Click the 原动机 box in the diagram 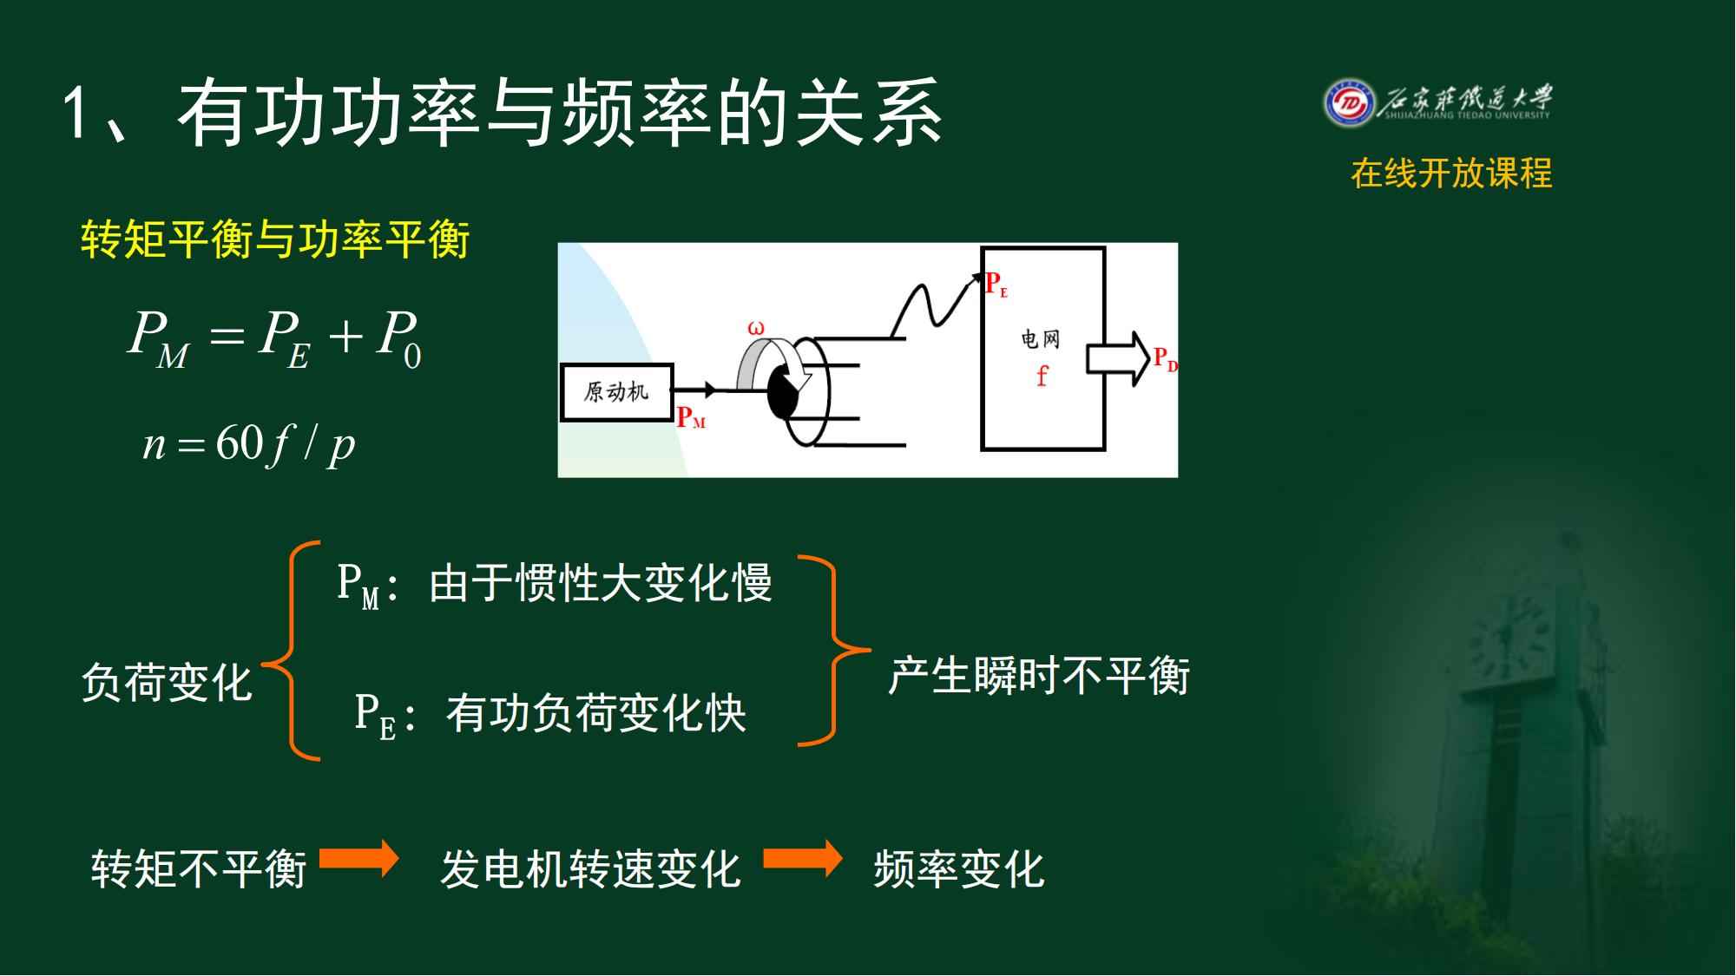pos(617,392)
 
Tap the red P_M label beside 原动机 pos(691,418)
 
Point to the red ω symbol pos(756,329)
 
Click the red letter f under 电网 pos(1042,376)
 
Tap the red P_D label pos(1165,359)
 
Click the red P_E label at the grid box pos(996,285)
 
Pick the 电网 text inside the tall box pos(1041,338)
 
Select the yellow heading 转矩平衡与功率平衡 pos(275,239)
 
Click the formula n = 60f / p pos(249,445)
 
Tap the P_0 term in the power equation pos(398,338)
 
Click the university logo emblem pos(1349,103)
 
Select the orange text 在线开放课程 pos(1451,174)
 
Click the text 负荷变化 pos(167,682)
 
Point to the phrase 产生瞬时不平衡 pos(1038,675)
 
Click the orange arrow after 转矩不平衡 pos(358,859)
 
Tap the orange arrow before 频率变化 pos(803,859)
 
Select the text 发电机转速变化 pos(590,868)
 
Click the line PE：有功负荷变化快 pos(550,715)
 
